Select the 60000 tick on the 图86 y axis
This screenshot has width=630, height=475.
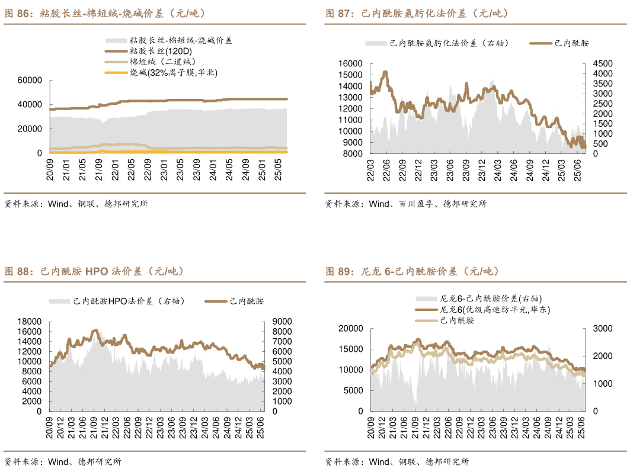(30, 81)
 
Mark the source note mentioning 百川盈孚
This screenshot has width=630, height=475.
(405, 204)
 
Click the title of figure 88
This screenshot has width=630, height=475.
(94, 272)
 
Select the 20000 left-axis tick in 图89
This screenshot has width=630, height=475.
(350, 328)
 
